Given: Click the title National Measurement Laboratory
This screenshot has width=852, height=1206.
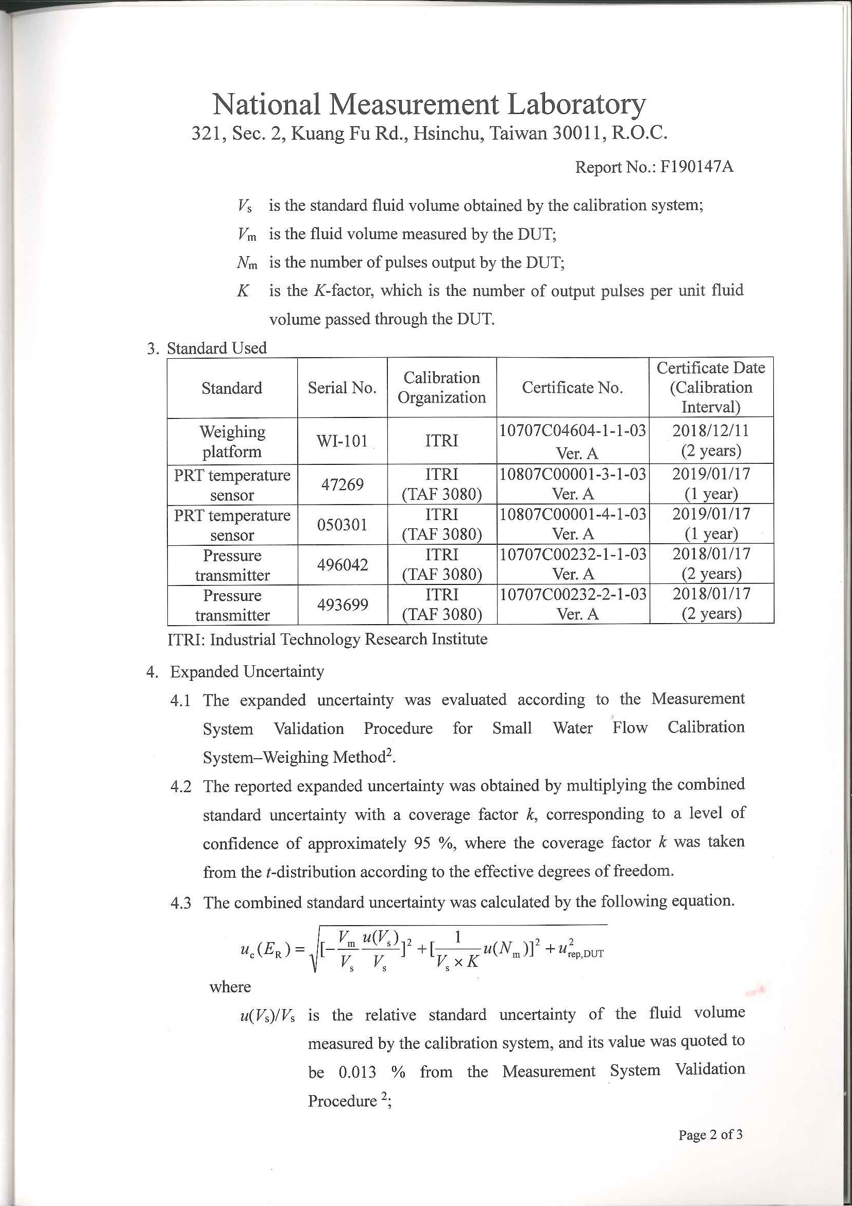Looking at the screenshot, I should coord(429,104).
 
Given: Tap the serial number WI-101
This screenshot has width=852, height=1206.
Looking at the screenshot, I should coord(342,441).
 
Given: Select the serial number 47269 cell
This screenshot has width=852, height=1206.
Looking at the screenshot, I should coord(342,484).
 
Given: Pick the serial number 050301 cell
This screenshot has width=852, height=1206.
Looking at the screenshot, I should coord(342,524).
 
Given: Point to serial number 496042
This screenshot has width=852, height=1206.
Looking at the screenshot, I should coord(342,565).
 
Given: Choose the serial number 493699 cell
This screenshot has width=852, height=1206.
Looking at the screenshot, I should coord(342,605).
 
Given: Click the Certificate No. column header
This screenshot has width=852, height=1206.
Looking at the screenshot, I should coord(572,388).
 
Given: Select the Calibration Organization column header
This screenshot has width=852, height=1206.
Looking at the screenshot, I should coord(441,388).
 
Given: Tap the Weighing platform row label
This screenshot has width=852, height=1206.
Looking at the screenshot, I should coord(232,441).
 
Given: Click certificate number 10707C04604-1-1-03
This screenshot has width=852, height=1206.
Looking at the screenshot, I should coord(572,431).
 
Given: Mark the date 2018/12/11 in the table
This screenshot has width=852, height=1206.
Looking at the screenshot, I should coord(711,431).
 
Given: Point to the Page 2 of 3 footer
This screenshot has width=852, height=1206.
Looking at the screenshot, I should coord(710,1134).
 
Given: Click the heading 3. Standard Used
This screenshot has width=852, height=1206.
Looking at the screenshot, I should coord(207,348).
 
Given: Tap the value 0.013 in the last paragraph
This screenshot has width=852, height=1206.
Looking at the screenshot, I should coord(357,1072).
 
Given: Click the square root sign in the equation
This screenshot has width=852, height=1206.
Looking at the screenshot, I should coord(314,951).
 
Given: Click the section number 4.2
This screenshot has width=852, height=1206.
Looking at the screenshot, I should coord(181,787).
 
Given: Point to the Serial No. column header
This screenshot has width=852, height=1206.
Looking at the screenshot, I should coord(342,388).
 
